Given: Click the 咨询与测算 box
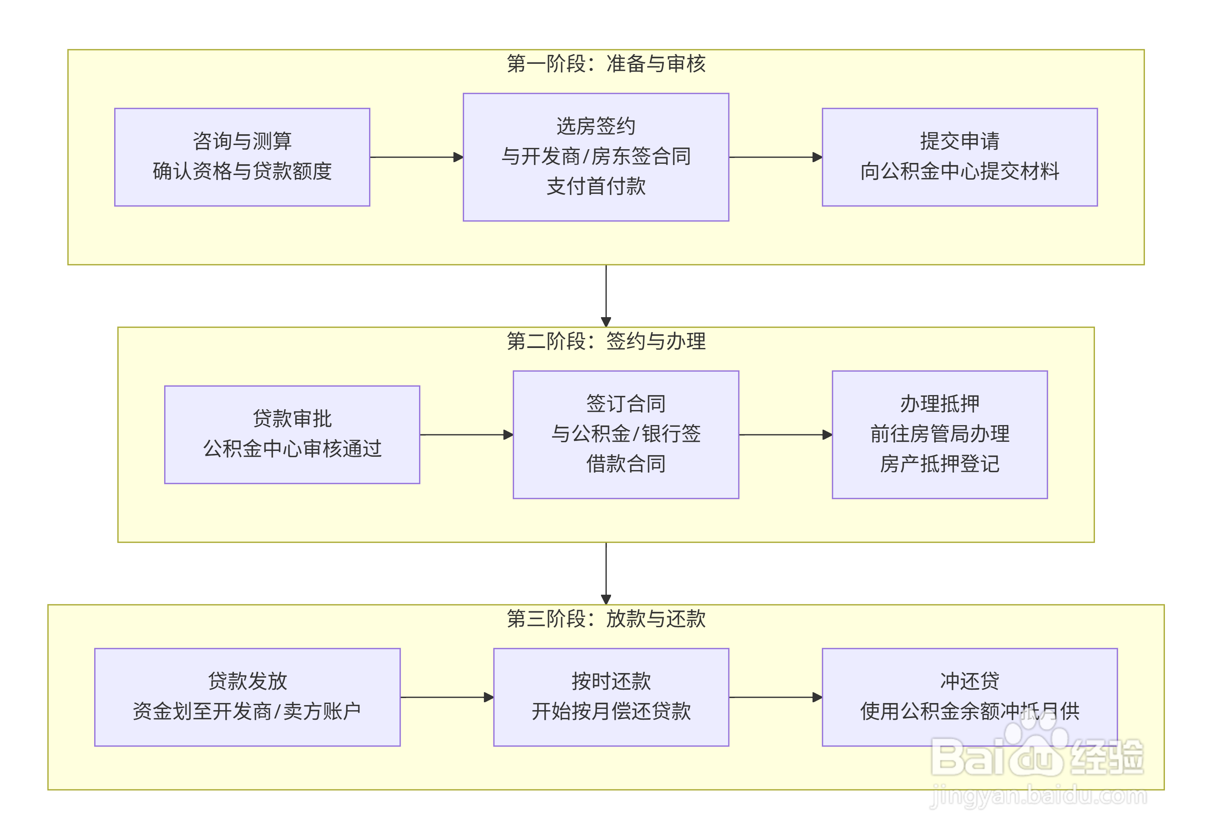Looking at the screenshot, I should [x=242, y=157].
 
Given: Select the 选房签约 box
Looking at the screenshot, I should [x=595, y=157].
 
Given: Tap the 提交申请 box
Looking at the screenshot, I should [x=959, y=157].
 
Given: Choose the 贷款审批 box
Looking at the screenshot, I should [x=292, y=434].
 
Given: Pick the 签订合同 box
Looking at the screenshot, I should [x=625, y=434].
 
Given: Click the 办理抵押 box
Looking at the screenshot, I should [x=939, y=434].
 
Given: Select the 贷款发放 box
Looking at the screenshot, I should [x=247, y=697].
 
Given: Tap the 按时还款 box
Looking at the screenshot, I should [x=611, y=697].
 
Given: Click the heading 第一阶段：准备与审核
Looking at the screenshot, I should [x=606, y=64].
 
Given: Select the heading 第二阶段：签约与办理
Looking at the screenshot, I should [x=606, y=341].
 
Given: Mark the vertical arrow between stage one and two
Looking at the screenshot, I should [x=606, y=295].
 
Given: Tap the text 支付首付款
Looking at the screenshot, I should [x=596, y=186].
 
